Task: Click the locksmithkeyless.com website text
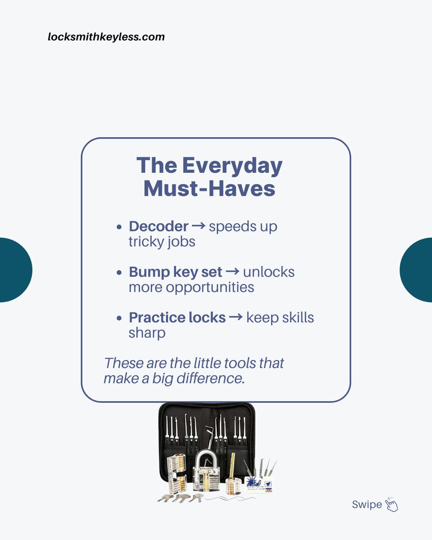click(x=106, y=37)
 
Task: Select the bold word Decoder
click(x=158, y=226)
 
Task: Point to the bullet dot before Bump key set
click(x=119, y=273)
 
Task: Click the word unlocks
click(x=269, y=272)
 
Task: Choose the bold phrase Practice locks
click(x=177, y=317)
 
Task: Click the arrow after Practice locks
click(x=236, y=317)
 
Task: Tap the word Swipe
click(x=367, y=504)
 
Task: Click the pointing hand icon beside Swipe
click(x=391, y=505)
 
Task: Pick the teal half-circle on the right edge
click(x=417, y=270)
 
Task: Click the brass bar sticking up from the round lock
click(x=233, y=466)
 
